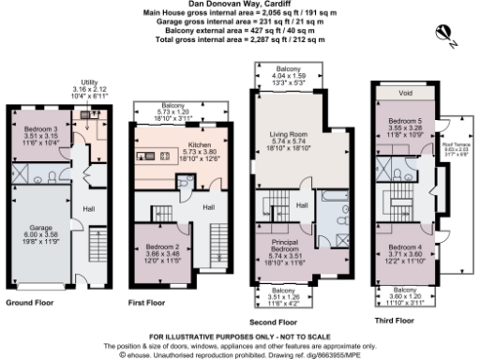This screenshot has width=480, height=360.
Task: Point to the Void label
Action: point(405,94)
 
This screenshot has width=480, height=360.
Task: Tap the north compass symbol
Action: point(450,36)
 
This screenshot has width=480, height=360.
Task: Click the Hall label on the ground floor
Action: point(89,208)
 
